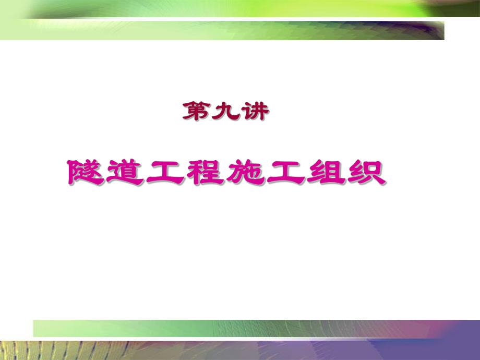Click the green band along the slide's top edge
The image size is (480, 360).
(x=240, y=8)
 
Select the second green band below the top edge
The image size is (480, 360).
(x=235, y=30)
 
